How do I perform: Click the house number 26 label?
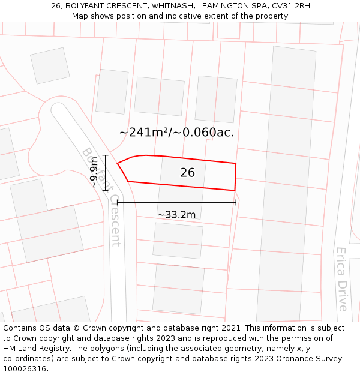pyautogui.click(x=187, y=173)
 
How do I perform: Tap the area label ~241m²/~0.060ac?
pyautogui.click(x=176, y=132)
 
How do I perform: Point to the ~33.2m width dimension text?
pyautogui.click(x=176, y=215)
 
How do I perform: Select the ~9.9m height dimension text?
pyautogui.click(x=94, y=173)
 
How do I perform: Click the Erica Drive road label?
pyautogui.click(x=341, y=279)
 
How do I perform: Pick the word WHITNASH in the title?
pyautogui.click(x=172, y=6)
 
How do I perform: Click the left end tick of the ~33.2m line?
pyautogui.click(x=118, y=203)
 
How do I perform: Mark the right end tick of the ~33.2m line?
pyautogui.click(x=236, y=203)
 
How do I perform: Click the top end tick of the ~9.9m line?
pyautogui.click(x=106, y=155)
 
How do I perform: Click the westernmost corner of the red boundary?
pyautogui.click(x=117, y=163)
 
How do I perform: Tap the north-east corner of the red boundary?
pyautogui.click(x=236, y=163)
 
